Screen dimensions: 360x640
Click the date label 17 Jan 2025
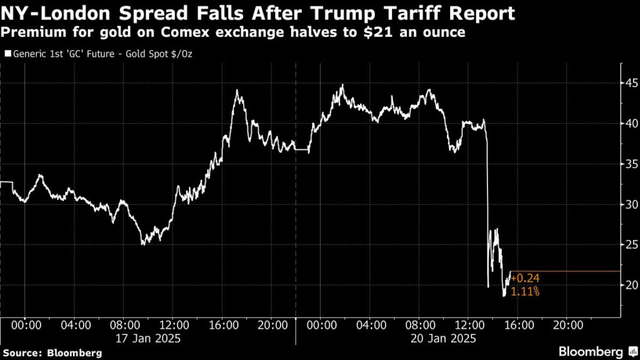pyautogui.click(x=149, y=339)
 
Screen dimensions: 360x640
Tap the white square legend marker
pyautogui.click(x=7, y=54)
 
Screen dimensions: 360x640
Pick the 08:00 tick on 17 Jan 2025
pyautogui.click(x=124, y=325)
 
